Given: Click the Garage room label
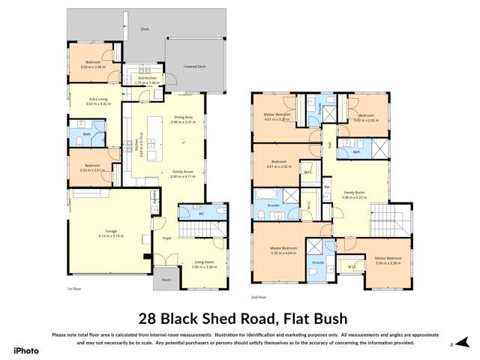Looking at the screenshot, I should click(x=110, y=233).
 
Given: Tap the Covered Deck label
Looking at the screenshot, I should click(x=195, y=67).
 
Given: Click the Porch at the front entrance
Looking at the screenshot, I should click(x=165, y=279).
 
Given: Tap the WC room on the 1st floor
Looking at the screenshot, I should click(x=202, y=214).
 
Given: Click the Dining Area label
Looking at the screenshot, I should click(x=184, y=118).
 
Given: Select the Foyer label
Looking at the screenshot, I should click(x=166, y=238).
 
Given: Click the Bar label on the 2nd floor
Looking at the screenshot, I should click(x=327, y=187).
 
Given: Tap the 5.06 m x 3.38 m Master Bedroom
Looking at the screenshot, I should click(x=384, y=260).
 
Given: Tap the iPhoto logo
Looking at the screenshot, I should click(x=23, y=351).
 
